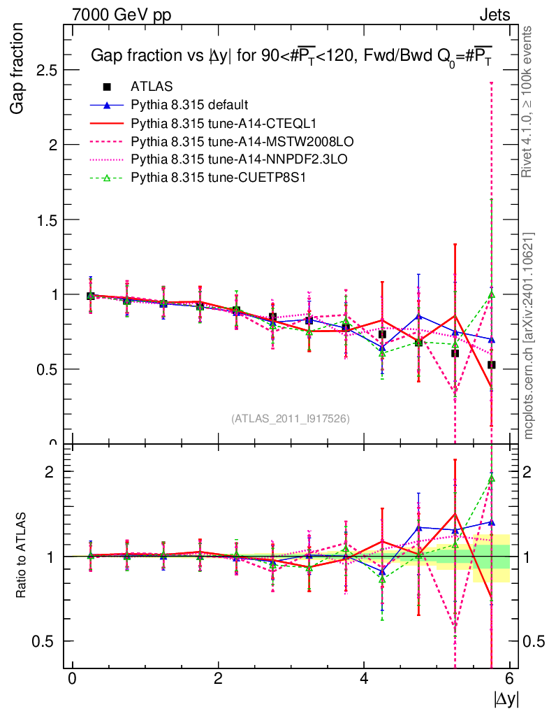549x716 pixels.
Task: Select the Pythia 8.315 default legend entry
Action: click(x=189, y=106)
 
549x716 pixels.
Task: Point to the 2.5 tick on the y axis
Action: click(x=47, y=71)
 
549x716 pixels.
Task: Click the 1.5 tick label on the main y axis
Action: click(x=47, y=220)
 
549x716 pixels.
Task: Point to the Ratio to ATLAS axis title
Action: click(x=21, y=557)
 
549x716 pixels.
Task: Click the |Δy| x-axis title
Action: click(x=506, y=699)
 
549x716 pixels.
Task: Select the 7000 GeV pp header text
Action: click(x=122, y=14)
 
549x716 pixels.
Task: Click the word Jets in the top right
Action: click(x=494, y=14)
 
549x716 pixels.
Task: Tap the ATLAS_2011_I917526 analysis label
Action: click(x=291, y=418)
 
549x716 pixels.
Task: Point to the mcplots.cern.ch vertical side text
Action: click(x=529, y=336)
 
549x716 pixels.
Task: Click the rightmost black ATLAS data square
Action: click(x=492, y=365)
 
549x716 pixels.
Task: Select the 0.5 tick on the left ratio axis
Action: click(x=47, y=641)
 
